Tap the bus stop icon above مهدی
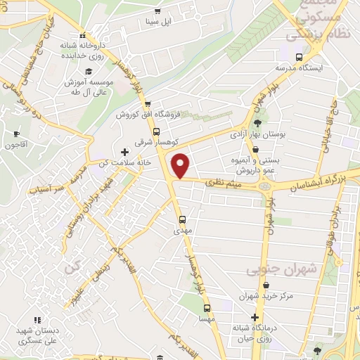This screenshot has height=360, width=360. click(x=181, y=219)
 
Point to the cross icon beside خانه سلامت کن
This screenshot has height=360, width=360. click(x=125, y=152)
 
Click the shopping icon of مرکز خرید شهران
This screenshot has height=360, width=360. click(x=265, y=285)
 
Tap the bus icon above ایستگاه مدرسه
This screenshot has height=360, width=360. click(x=300, y=58)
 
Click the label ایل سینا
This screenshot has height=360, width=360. click(x=157, y=22)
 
